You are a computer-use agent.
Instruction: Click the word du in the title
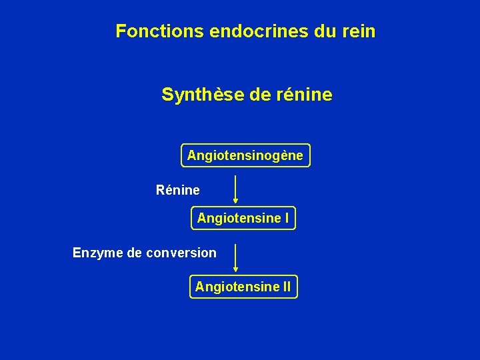pos(322,31)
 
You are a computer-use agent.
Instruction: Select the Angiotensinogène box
pos(245,156)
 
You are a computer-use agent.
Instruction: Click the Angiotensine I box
pos(243,218)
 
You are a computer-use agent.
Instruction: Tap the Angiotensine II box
pos(243,287)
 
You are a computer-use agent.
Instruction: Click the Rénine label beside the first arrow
pos(177,191)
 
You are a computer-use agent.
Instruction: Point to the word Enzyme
pos(97,253)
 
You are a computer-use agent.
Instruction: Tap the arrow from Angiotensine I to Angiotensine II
pos(235,257)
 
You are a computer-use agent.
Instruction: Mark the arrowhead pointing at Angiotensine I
pos(235,201)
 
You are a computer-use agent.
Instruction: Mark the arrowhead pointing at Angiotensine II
pos(235,269)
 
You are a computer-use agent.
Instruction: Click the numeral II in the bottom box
pos(286,287)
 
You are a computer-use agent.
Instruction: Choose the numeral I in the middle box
pos(287,218)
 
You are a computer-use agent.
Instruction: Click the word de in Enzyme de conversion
pos(134,253)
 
